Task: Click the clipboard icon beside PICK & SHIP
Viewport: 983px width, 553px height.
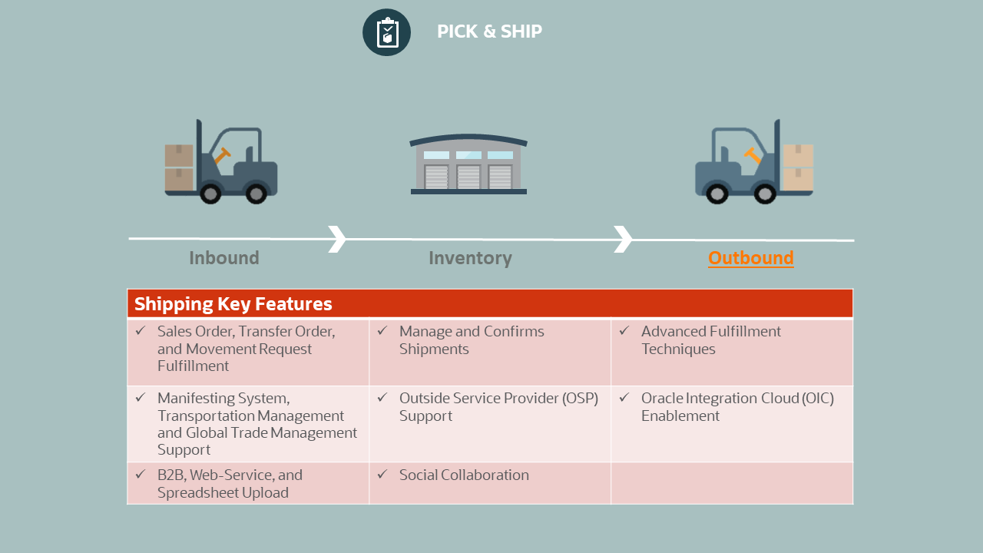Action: (387, 32)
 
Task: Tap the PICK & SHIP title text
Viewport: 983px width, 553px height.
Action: (489, 31)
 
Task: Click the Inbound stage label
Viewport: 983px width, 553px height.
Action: (224, 258)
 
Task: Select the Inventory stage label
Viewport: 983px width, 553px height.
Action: (470, 258)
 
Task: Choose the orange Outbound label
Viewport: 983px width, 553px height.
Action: (750, 258)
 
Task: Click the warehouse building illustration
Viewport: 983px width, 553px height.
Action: (468, 164)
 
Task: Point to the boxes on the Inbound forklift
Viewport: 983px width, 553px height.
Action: (179, 167)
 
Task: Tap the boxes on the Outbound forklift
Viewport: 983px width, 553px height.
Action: (798, 167)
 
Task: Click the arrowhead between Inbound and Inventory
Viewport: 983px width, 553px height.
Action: (337, 239)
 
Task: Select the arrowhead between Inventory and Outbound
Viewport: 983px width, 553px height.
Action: (623, 239)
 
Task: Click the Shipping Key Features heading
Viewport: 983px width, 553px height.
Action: (233, 304)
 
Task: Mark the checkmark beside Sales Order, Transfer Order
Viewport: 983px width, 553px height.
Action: (140, 331)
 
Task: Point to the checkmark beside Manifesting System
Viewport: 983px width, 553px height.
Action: (140, 398)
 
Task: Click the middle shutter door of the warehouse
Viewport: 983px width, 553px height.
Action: (468, 177)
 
